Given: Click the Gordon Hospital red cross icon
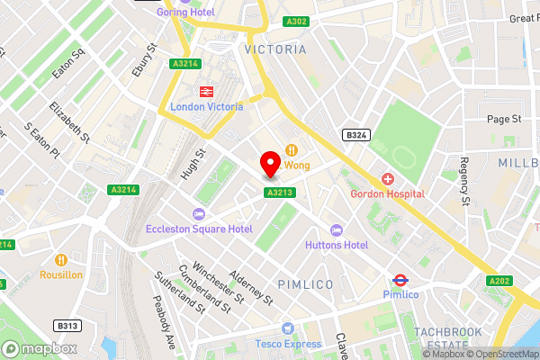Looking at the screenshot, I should (388, 179).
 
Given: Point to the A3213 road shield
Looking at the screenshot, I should (279, 192).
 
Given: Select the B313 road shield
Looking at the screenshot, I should (64, 325).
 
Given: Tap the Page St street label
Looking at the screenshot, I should (504, 119).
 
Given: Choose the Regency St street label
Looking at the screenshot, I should (465, 183).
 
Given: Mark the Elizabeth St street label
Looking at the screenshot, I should (69, 123).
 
